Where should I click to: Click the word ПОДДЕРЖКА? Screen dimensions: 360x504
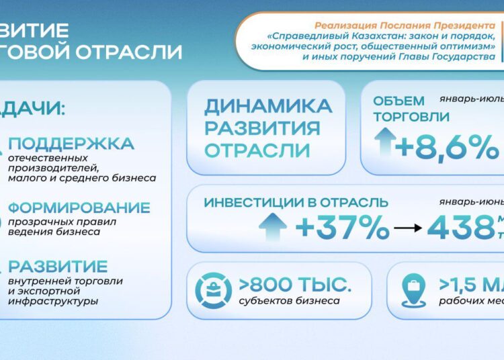71,144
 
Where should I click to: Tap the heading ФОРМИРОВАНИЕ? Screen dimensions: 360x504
79,208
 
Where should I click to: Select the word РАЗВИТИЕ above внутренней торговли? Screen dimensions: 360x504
58,267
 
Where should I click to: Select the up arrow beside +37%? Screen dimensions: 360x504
272,227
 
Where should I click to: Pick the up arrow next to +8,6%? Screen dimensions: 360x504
385,144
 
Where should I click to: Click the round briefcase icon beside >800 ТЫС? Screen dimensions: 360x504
213,290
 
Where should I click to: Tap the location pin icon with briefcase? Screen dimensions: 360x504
413,290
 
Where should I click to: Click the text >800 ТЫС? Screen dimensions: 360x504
294,283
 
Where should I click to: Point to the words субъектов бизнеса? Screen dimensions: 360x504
289,301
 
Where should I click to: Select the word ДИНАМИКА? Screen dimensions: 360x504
268,106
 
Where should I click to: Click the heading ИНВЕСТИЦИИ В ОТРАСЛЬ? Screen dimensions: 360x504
296,202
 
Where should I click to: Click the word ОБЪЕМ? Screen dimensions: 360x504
399,101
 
